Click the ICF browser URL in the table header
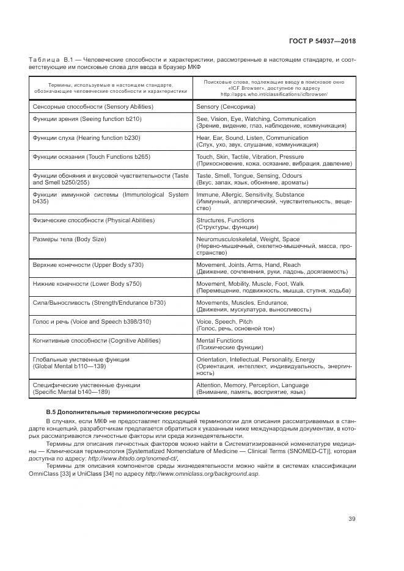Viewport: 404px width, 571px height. point(274,95)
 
